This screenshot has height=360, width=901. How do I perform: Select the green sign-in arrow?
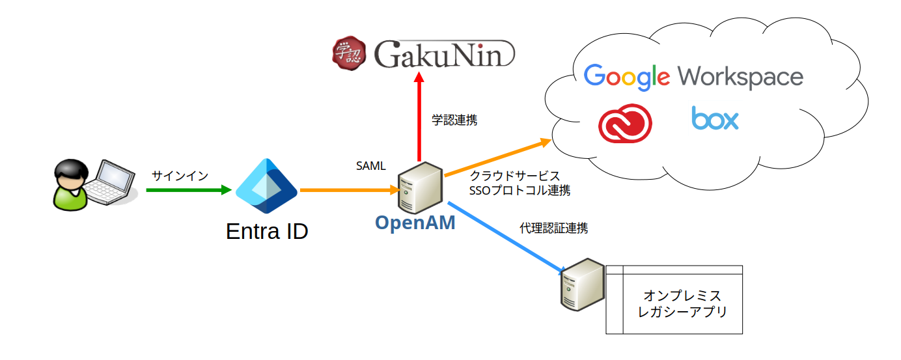(x=189, y=190)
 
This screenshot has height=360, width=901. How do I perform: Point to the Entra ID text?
(x=267, y=231)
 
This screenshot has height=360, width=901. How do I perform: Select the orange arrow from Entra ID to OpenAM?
(x=348, y=190)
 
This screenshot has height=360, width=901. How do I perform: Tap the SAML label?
(x=370, y=167)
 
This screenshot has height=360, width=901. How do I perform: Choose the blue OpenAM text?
(x=415, y=223)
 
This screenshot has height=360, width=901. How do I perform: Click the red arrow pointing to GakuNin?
(x=419, y=117)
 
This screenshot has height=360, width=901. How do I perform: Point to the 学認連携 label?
(x=454, y=120)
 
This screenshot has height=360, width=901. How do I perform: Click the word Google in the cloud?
(x=627, y=77)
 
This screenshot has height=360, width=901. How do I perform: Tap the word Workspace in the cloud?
(x=740, y=77)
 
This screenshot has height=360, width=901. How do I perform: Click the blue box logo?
(x=715, y=119)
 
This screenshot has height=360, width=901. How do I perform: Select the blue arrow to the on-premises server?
(x=508, y=239)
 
